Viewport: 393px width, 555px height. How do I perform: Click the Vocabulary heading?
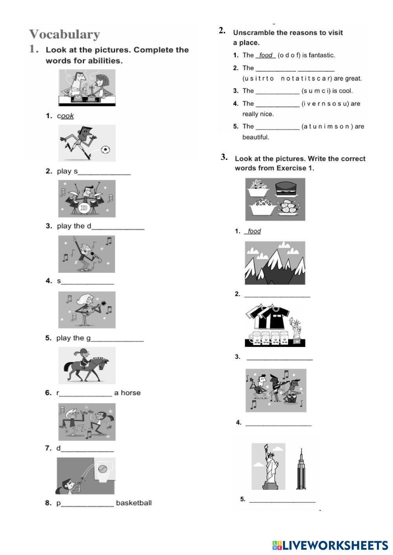(64, 34)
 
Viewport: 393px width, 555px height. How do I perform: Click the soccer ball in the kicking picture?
(105, 150)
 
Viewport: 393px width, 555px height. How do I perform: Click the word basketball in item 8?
(134, 503)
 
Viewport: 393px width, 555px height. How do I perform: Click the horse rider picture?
(87, 365)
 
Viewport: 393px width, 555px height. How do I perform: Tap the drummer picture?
(87, 199)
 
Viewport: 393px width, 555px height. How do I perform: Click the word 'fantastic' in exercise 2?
(321, 55)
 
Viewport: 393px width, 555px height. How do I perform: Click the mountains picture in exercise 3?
(275, 263)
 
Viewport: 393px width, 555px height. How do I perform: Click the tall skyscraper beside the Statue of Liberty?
(301, 469)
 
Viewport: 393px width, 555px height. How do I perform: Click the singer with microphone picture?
(87, 254)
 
